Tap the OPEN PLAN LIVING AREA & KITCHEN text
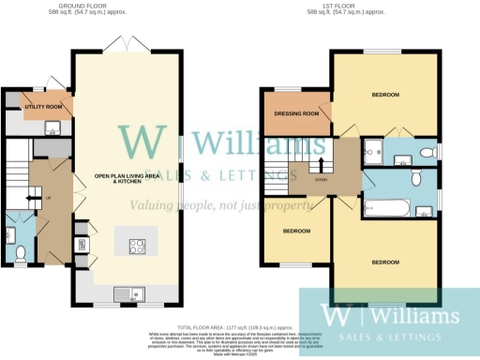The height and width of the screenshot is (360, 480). [x=126, y=177]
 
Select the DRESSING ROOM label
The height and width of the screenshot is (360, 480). [x=296, y=114]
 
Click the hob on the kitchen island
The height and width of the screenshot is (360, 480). [x=136, y=247]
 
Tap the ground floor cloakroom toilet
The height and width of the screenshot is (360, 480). [x=21, y=251]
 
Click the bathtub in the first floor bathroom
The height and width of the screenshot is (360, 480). [x=387, y=204]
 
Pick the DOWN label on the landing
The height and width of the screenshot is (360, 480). [x=322, y=179]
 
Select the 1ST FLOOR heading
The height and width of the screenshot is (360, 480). [x=347, y=5]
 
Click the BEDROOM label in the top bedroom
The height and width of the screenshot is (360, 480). [x=384, y=95]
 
